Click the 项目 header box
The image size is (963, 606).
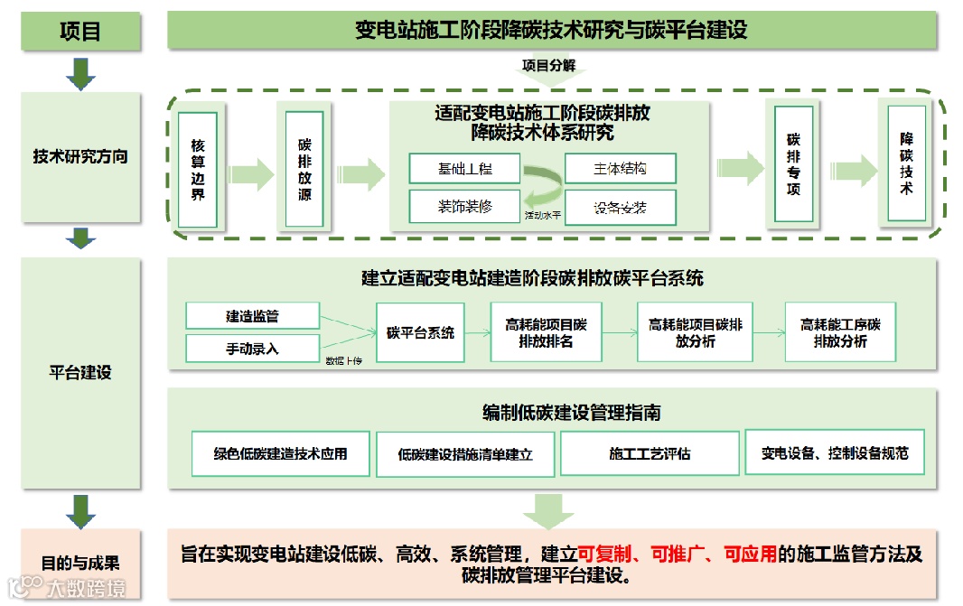pyautogui.click(x=80, y=31)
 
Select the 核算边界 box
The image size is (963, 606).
pyautogui.click(x=198, y=169)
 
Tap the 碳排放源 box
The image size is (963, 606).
pyautogui.click(x=304, y=169)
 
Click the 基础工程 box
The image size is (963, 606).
pyautogui.click(x=464, y=169)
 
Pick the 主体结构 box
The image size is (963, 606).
pyautogui.click(x=620, y=169)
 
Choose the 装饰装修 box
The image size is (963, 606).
pyautogui.click(x=464, y=206)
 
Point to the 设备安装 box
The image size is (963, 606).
pyautogui.click(x=620, y=207)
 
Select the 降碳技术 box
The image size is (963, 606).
pyautogui.click(x=906, y=163)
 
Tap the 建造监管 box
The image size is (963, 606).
pyautogui.click(x=252, y=316)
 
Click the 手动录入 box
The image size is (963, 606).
pyautogui.click(x=252, y=348)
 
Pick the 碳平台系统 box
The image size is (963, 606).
pyautogui.click(x=420, y=332)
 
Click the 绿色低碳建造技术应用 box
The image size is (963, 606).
pyautogui.click(x=280, y=453)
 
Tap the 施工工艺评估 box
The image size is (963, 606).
pyautogui.click(x=649, y=453)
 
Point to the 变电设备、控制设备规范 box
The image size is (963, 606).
pyautogui.click(x=834, y=452)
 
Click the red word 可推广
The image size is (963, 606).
pyautogui.click(x=677, y=553)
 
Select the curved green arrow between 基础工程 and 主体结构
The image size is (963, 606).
pyautogui.click(x=542, y=188)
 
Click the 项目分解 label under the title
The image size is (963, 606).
pyautogui.click(x=547, y=65)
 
